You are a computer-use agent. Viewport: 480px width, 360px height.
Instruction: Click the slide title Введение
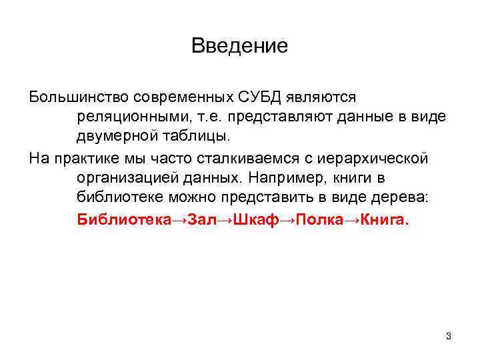click(239, 46)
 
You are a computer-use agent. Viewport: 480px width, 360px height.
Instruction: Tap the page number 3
click(449, 336)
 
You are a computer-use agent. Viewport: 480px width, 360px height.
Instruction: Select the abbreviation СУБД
click(261, 98)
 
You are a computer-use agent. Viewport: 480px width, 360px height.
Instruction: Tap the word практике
click(85, 159)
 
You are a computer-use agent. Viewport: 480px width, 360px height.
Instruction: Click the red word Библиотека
click(125, 218)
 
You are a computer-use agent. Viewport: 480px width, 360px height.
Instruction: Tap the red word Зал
click(203, 218)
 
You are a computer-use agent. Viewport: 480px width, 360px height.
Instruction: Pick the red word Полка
click(321, 218)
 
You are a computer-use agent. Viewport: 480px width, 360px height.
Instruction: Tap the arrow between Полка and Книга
click(353, 218)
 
